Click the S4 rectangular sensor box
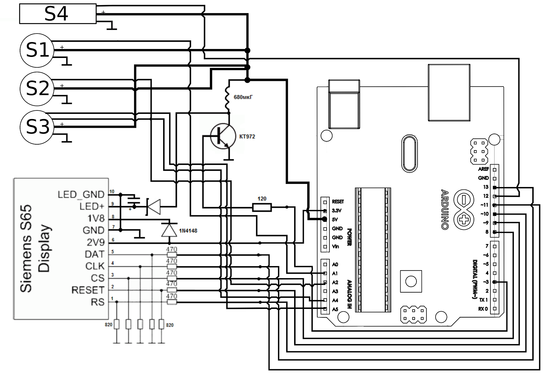click(x=57, y=14)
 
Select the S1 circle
click(x=37, y=50)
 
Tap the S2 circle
click(x=37, y=89)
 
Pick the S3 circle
click(x=37, y=127)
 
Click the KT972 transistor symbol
click(x=223, y=137)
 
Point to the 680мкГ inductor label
click(x=243, y=97)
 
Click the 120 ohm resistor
click(x=262, y=207)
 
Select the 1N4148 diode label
click(x=188, y=231)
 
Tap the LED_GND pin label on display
click(x=81, y=195)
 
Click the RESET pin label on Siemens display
click(x=88, y=290)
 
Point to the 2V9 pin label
click(x=95, y=242)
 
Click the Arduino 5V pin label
click(x=335, y=219)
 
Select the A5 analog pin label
click(x=335, y=310)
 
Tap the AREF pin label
click(x=483, y=169)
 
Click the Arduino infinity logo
click(x=463, y=209)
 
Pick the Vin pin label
click(x=335, y=247)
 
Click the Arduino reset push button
click(x=411, y=281)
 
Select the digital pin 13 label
click(x=486, y=187)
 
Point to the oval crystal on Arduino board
click(x=410, y=153)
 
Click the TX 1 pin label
click(x=483, y=300)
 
